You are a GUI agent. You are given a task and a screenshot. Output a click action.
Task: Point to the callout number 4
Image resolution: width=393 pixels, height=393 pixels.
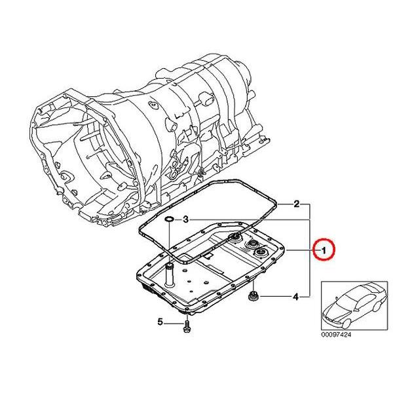click(296, 297)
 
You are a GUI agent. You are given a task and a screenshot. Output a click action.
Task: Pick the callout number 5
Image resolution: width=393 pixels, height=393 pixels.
click(159, 322)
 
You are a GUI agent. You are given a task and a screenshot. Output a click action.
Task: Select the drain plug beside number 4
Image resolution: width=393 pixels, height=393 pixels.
click(253, 298)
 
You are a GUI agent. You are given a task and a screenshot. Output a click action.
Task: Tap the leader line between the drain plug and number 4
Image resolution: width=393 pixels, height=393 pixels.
click(275, 298)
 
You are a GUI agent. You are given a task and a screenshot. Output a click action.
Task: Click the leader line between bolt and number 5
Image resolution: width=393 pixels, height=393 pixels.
click(174, 322)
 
